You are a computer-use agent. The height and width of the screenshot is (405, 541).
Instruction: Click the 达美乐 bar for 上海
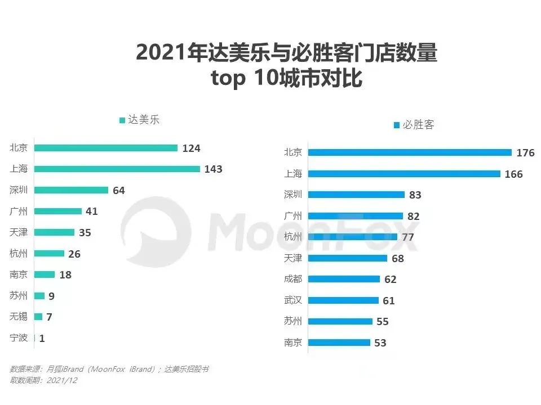(x=117, y=169)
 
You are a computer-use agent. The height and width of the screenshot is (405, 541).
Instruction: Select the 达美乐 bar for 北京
(x=106, y=148)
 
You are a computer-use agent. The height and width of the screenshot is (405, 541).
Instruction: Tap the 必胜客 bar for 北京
(x=410, y=152)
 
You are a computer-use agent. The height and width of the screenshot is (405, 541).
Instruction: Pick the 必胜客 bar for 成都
(x=344, y=279)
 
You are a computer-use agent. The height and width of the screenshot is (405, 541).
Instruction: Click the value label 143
(x=214, y=169)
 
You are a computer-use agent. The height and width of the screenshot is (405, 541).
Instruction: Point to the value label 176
(x=525, y=153)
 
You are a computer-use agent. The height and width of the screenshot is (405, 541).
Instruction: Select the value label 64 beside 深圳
(x=118, y=190)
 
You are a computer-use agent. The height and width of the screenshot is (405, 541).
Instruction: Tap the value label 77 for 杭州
(x=407, y=237)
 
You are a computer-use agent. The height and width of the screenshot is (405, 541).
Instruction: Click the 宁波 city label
(x=19, y=339)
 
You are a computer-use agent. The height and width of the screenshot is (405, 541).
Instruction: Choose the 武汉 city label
(x=292, y=300)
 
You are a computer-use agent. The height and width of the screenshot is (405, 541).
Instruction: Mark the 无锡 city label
(x=19, y=317)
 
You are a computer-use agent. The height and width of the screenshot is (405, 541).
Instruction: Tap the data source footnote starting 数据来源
(x=110, y=369)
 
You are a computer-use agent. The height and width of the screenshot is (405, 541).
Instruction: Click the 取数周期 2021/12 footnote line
(x=43, y=380)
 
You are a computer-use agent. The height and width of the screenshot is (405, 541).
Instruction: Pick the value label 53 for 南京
(x=380, y=343)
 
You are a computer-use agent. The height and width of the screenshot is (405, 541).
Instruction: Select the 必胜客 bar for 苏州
(x=340, y=321)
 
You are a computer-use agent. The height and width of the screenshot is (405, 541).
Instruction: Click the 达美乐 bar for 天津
(x=54, y=232)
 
